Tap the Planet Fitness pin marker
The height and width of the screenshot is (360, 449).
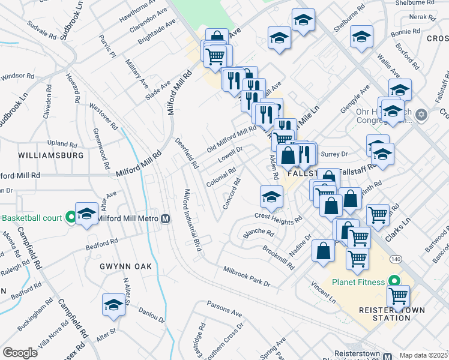(394, 281)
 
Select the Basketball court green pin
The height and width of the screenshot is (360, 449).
(71, 217)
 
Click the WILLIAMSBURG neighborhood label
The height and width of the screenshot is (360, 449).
(51, 155)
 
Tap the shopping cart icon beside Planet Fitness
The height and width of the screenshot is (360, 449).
(398, 295)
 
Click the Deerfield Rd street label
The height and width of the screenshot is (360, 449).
(185, 152)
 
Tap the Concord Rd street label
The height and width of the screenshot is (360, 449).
(231, 193)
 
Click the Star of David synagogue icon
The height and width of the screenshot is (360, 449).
(421, 114)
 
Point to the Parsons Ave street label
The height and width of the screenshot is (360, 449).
(224, 309)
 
